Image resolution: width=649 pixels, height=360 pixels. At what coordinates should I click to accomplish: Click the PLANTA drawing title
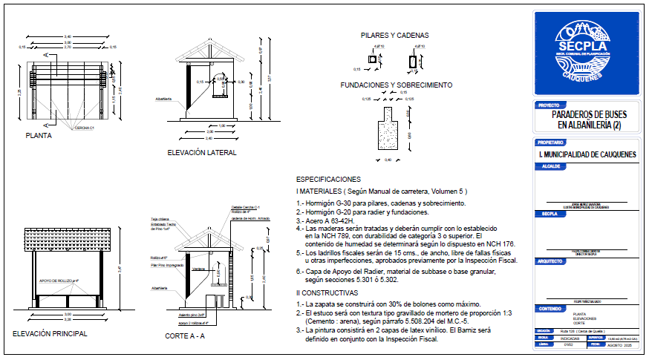click(39, 136)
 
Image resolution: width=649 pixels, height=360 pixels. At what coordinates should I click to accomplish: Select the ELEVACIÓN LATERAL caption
click(202, 153)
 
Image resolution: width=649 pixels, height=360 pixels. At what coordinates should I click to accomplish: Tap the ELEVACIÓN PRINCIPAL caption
click(50, 334)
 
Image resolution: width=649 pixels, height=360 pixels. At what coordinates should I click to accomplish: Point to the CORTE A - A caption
click(185, 336)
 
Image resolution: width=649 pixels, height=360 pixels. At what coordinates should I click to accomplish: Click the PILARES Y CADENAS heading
click(394, 35)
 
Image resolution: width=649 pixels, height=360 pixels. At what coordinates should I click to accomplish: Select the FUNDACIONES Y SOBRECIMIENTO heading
click(397, 85)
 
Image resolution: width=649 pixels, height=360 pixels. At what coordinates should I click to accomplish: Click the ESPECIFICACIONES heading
click(328, 180)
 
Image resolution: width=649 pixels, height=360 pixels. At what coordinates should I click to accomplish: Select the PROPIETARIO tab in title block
click(552, 142)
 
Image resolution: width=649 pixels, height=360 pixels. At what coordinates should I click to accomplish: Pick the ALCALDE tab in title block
click(549, 167)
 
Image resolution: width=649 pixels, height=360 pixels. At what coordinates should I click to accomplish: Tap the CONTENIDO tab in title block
click(551, 308)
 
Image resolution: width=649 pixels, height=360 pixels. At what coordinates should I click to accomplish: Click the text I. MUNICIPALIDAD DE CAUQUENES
click(587, 154)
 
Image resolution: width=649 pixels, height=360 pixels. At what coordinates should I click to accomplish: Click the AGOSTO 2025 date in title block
click(619, 345)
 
